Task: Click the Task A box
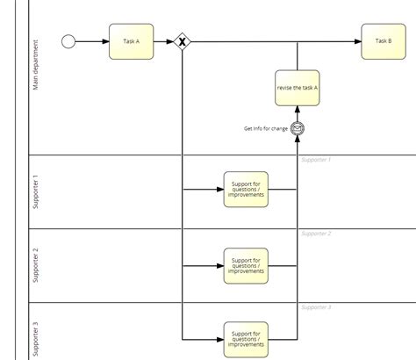click(x=131, y=41)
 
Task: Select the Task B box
click(x=383, y=41)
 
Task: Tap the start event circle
click(x=69, y=41)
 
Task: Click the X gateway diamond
click(x=183, y=41)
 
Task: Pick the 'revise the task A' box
click(x=297, y=87)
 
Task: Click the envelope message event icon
click(x=298, y=128)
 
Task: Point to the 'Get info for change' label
click(x=265, y=129)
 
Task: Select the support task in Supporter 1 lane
click(x=246, y=189)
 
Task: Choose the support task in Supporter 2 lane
click(x=246, y=265)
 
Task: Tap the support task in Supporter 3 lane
click(x=246, y=338)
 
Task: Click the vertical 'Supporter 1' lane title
click(x=36, y=191)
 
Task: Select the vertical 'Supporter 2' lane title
click(x=36, y=266)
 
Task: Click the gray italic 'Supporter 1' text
click(x=315, y=160)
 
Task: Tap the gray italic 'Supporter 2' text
click(x=315, y=234)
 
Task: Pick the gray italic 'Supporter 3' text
click(x=315, y=307)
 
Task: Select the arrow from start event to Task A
click(x=92, y=41)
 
